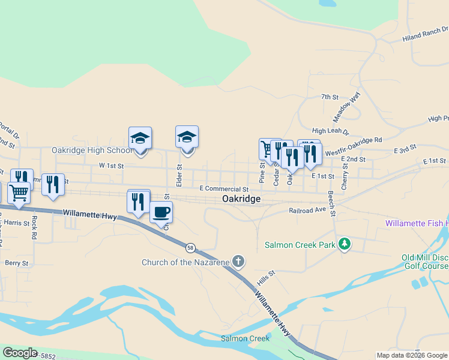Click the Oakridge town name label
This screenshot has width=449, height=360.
point(241,199)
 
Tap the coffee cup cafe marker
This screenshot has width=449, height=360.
point(161,212)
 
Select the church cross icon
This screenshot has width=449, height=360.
point(238,262)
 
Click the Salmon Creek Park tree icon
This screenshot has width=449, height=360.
point(344,244)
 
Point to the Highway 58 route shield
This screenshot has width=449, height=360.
point(190,247)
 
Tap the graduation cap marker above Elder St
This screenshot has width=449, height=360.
point(187,137)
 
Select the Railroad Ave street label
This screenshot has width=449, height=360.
point(307,211)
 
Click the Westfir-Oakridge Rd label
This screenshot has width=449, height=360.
point(354,140)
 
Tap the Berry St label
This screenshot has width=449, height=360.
point(16,263)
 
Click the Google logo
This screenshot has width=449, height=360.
point(20,353)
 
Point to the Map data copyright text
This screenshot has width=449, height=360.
point(412,355)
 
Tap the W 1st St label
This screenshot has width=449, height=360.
point(111,165)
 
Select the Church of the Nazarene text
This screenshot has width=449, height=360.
point(185,262)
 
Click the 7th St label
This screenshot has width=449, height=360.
point(330,97)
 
